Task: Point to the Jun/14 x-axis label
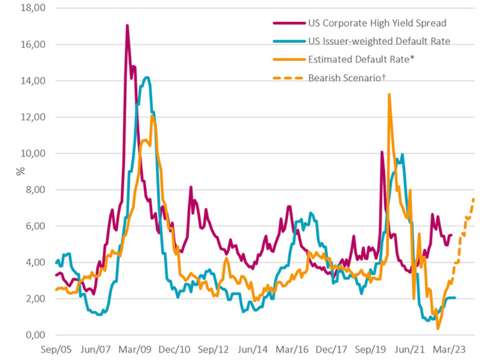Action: pyautogui.click(x=252, y=348)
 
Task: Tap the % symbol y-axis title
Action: pyautogui.click(x=20, y=171)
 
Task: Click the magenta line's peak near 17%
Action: pyautogui.click(x=127, y=25)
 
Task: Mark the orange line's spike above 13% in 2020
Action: pyautogui.click(x=389, y=94)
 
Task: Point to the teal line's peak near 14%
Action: pyautogui.click(x=146, y=77)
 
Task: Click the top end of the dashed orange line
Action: pyautogui.click(x=473, y=199)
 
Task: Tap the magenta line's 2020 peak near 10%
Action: pyautogui.click(x=382, y=152)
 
